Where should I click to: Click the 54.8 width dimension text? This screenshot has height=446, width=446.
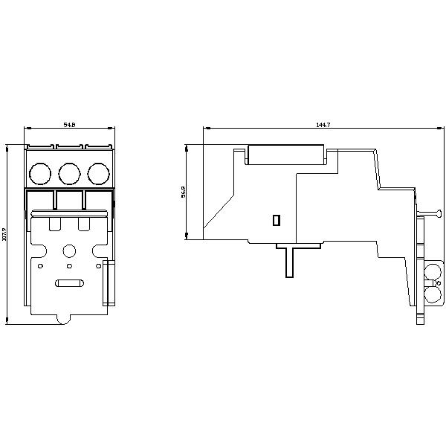pos(69,125)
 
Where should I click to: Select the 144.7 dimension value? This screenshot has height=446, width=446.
pos(322,125)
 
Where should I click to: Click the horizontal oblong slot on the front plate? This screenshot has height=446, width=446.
pos(69,282)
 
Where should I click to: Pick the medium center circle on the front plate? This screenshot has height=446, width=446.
pos(69,251)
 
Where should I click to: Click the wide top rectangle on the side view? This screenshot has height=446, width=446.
pos(287,155)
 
